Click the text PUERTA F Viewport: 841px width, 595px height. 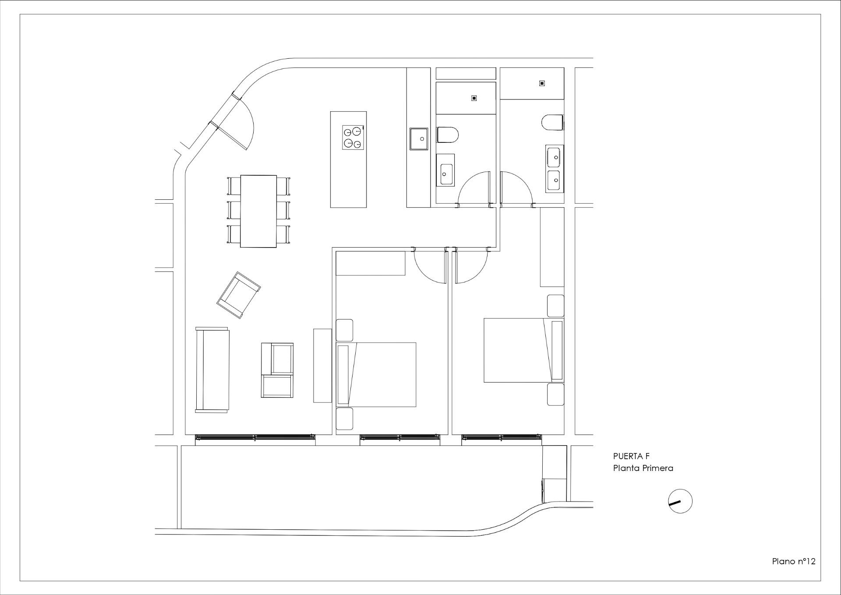[631, 456]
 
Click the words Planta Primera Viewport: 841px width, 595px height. [643, 468]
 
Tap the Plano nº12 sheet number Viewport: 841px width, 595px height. [793, 574]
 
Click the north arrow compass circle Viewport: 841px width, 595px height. [680, 501]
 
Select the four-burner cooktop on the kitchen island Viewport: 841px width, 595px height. [353, 137]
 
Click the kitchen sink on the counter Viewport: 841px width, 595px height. [419, 139]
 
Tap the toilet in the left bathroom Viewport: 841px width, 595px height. [447, 135]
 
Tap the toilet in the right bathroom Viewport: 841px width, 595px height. [552, 122]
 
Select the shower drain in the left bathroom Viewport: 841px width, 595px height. [474, 98]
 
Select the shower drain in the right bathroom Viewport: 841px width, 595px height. [542, 83]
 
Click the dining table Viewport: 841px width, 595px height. [258, 211]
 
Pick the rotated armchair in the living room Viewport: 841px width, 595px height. [238, 294]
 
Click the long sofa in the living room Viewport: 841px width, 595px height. [212, 369]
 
